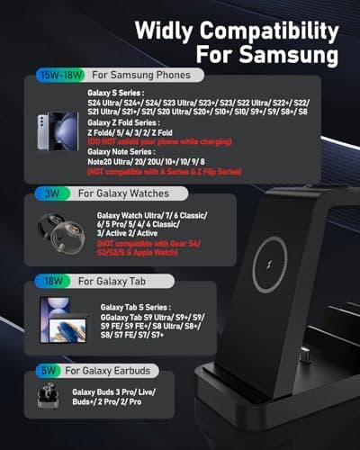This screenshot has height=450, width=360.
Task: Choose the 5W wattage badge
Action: click(49, 370)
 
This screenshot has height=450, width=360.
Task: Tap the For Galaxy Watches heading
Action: click(125, 193)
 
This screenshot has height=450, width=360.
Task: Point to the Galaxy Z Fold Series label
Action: click(123, 124)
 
